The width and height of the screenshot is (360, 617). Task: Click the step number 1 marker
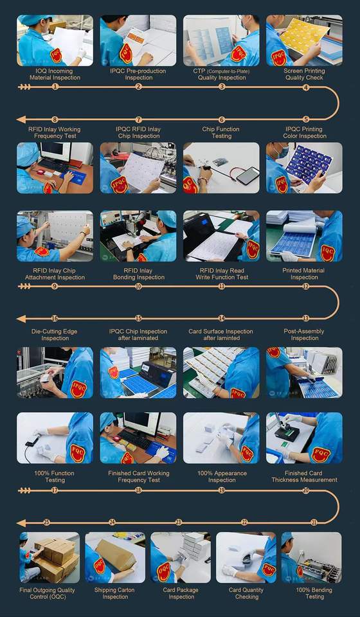(x=55, y=87)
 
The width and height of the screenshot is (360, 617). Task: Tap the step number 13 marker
(x=306, y=318)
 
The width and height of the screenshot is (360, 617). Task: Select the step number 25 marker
(x=46, y=523)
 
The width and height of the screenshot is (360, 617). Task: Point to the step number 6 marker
(x=222, y=120)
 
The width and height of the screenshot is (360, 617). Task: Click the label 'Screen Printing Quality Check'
(x=304, y=75)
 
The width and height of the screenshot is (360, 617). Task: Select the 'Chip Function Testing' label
(x=221, y=132)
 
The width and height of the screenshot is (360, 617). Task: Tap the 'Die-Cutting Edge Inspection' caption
(x=55, y=335)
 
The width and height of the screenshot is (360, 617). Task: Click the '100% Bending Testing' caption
(x=314, y=593)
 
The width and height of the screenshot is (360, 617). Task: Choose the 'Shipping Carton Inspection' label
(x=114, y=593)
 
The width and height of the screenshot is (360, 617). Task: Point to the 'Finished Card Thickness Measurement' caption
(x=304, y=476)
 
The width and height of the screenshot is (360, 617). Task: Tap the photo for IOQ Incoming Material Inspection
(x=55, y=40)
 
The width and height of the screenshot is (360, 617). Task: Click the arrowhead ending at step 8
(x=21, y=120)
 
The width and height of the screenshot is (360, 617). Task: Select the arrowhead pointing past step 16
(x=21, y=318)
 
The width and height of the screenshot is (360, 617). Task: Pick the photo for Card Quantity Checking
(x=246, y=558)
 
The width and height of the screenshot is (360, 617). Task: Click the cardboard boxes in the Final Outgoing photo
(x=57, y=555)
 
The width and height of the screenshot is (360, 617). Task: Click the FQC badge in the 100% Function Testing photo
(x=78, y=453)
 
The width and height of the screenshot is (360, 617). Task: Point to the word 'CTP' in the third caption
(x=199, y=71)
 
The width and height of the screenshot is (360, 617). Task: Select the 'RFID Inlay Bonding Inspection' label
(x=138, y=274)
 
